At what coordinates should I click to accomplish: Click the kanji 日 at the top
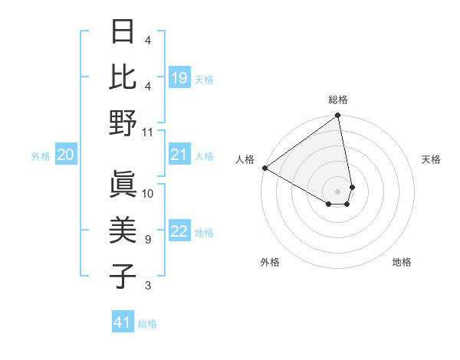pyautogui.click(x=124, y=32)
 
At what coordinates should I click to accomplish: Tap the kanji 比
pyautogui.click(x=124, y=77)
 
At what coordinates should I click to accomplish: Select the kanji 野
pyautogui.click(x=124, y=123)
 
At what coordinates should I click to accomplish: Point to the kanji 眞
pyautogui.click(x=124, y=184)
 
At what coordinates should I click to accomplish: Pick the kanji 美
pyautogui.click(x=124, y=231)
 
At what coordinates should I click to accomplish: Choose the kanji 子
pyautogui.click(x=124, y=277)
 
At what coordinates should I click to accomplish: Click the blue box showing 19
pyautogui.click(x=179, y=77)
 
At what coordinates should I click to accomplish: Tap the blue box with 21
pyautogui.click(x=179, y=155)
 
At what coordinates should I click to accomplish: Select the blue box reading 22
pyautogui.click(x=179, y=232)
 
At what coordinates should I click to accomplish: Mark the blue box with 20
pyautogui.click(x=65, y=155)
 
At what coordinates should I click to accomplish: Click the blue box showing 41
pyautogui.click(x=123, y=322)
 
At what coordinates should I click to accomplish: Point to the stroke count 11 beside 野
pyautogui.click(x=148, y=133)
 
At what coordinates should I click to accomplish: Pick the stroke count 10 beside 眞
pyautogui.click(x=148, y=194)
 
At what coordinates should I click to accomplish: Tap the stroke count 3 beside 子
pyautogui.click(x=148, y=286)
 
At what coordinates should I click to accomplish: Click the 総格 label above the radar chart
pyautogui.click(x=338, y=100)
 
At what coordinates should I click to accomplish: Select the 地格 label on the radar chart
pyautogui.click(x=402, y=262)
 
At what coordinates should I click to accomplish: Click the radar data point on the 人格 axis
pyautogui.click(x=264, y=168)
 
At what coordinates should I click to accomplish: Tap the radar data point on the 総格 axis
pyautogui.click(x=337, y=116)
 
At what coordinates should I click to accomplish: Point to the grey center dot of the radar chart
pyautogui.click(x=337, y=191)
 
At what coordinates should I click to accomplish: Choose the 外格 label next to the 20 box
pyautogui.click(x=41, y=156)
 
